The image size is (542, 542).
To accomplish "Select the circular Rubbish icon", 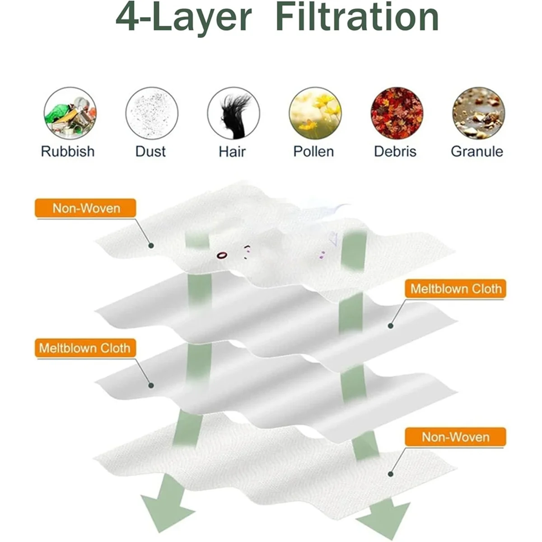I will click(x=70, y=113).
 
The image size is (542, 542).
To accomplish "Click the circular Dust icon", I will click(x=152, y=113).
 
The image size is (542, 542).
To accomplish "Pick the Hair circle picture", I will click(x=234, y=113).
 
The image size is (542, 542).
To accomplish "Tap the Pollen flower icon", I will click(x=315, y=113).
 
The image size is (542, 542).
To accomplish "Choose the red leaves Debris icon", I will click(x=397, y=113).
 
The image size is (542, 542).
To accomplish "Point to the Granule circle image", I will click(x=478, y=113).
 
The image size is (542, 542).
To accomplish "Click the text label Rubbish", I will click(x=68, y=151).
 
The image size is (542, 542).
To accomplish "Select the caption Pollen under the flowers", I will click(x=313, y=151).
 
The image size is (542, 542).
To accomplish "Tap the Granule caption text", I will click(x=477, y=151).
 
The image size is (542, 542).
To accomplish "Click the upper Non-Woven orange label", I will click(x=86, y=208).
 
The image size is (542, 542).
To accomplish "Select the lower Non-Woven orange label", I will click(x=455, y=437).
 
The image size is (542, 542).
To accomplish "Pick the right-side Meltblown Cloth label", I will click(x=455, y=289).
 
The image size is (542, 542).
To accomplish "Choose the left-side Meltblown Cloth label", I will click(x=85, y=348).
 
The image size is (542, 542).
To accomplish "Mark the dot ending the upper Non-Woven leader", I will click(x=151, y=246).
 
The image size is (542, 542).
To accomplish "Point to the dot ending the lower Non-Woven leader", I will click(x=391, y=474).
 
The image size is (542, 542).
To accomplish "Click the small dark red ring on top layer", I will click(x=221, y=255).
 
